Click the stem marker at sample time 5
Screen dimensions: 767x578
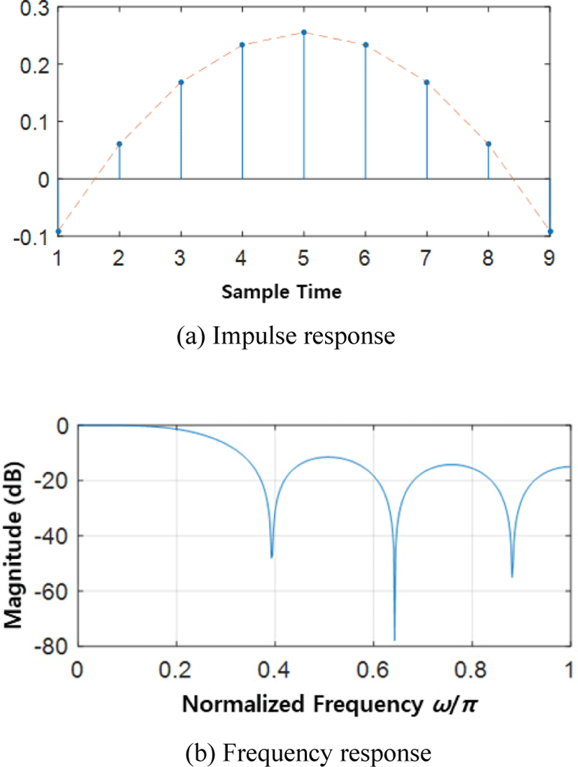[304, 32]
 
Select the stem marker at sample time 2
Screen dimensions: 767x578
[120, 144]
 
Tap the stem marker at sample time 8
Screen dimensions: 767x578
[488, 144]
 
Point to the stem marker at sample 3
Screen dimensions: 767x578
[181, 82]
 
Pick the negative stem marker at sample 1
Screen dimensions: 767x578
[58, 231]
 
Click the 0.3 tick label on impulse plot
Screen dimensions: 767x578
[34, 9]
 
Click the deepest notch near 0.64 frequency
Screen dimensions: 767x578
[394, 638]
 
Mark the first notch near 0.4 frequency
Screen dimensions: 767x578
[272, 556]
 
